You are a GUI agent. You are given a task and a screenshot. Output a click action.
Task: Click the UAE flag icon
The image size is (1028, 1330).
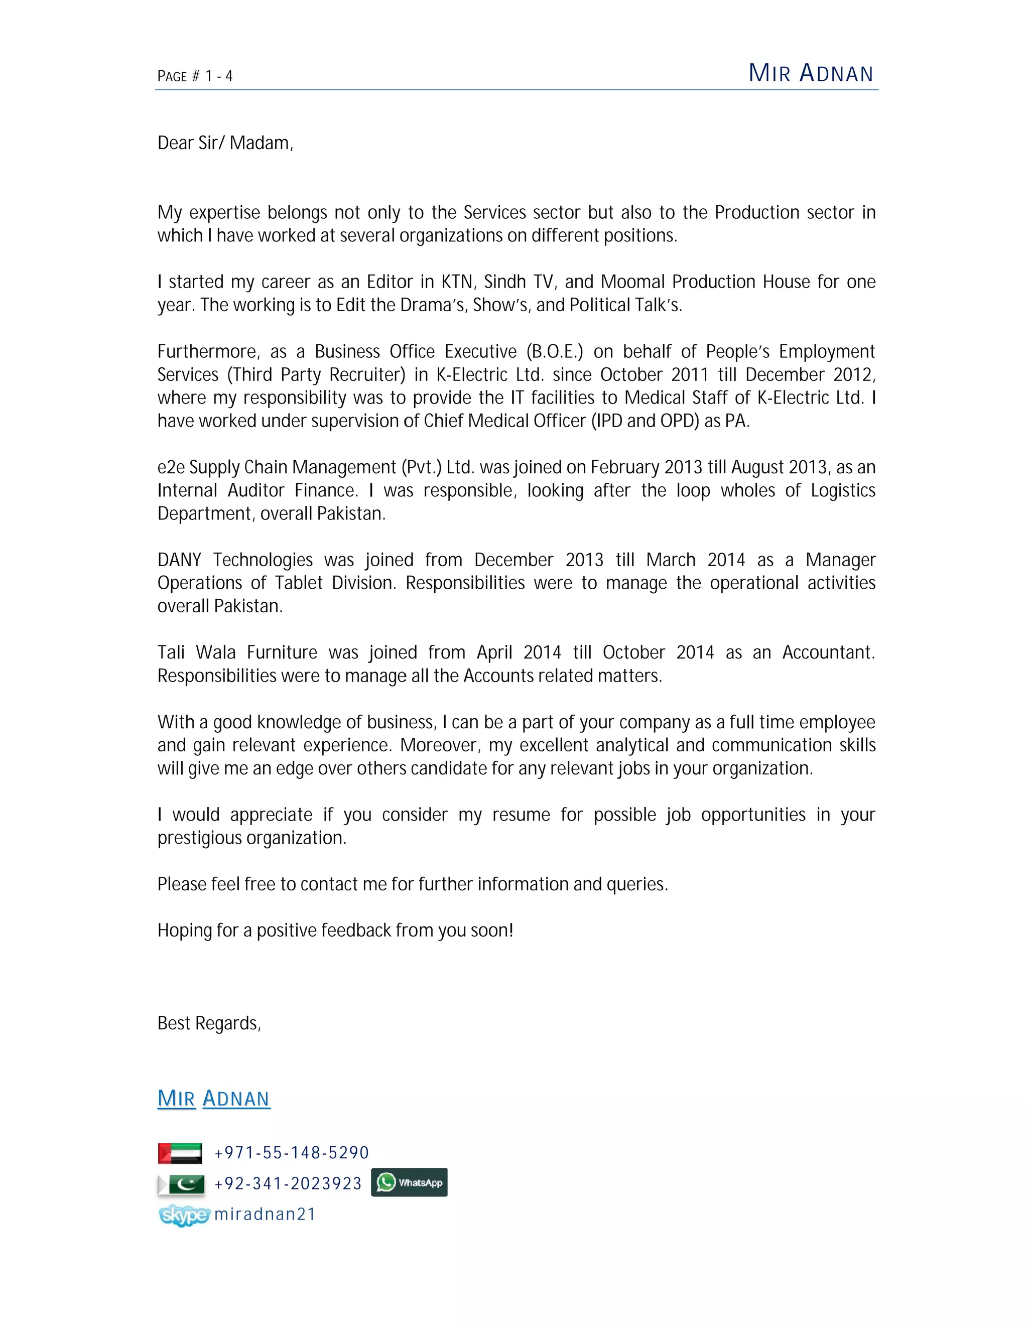(x=180, y=1153)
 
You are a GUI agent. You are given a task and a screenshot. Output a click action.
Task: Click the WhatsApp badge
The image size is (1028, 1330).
(x=409, y=1182)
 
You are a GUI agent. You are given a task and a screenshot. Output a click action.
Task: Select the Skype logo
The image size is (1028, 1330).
(x=184, y=1215)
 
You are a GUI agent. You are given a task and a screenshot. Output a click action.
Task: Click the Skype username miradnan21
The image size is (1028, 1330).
(x=265, y=1214)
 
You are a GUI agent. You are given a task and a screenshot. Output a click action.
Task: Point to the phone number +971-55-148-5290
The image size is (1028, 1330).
(x=292, y=1153)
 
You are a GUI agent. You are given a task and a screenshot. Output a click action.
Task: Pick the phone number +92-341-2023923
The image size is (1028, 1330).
(x=288, y=1184)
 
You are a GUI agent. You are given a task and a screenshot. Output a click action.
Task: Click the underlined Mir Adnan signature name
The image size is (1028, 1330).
(x=213, y=1099)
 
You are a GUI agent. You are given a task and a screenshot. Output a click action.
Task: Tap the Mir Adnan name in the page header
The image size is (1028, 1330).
(x=811, y=73)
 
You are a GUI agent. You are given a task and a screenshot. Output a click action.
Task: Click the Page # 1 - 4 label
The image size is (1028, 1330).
(x=195, y=76)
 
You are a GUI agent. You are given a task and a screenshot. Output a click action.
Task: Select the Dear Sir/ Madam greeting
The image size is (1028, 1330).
(x=225, y=143)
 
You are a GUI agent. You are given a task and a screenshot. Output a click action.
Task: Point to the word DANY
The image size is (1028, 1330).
(x=179, y=560)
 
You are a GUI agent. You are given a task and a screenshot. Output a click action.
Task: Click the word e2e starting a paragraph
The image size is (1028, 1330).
(x=171, y=468)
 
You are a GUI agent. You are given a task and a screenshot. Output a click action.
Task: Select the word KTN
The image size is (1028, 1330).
(x=457, y=282)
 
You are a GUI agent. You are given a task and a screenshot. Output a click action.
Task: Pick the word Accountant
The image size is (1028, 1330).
(x=828, y=653)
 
